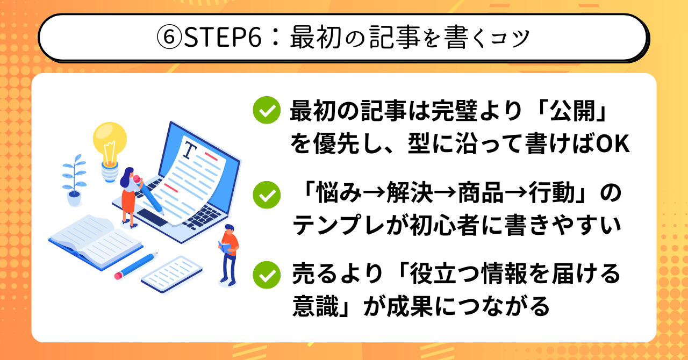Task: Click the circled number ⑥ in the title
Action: pyautogui.click(x=169, y=38)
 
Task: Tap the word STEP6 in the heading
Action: pyautogui.click(x=223, y=38)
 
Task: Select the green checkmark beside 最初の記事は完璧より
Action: pyautogui.click(x=267, y=110)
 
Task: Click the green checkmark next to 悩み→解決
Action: pyautogui.click(x=267, y=195)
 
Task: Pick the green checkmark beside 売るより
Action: pyautogui.click(x=267, y=275)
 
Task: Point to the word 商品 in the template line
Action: pyautogui.click(x=481, y=193)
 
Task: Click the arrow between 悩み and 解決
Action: pyautogui.click(x=375, y=193)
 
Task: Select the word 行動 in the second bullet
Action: pyautogui.click(x=551, y=193)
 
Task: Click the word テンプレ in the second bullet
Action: pyautogui.click(x=339, y=225)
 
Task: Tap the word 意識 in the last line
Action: pyautogui.click(x=316, y=306)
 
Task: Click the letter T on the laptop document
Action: pyautogui.click(x=190, y=150)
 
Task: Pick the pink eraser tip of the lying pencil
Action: pyautogui.click(x=118, y=276)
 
